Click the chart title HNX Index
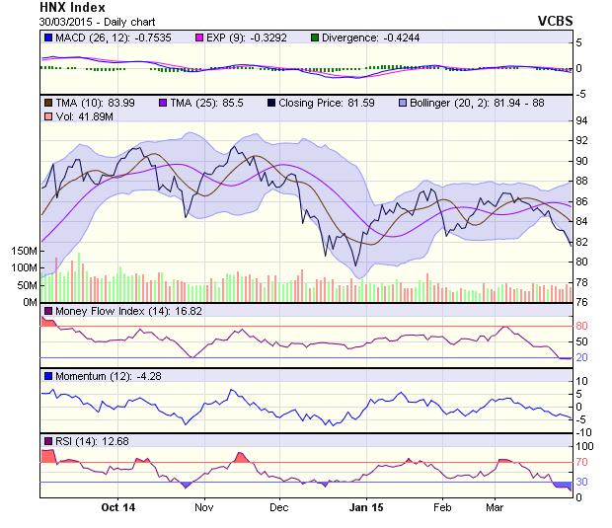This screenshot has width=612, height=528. coord(73,7)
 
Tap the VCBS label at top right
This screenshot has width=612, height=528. coord(557,20)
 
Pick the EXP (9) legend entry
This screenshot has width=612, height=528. coord(258,38)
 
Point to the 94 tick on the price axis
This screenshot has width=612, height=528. coord(581,120)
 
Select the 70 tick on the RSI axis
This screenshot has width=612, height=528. coord(581,461)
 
